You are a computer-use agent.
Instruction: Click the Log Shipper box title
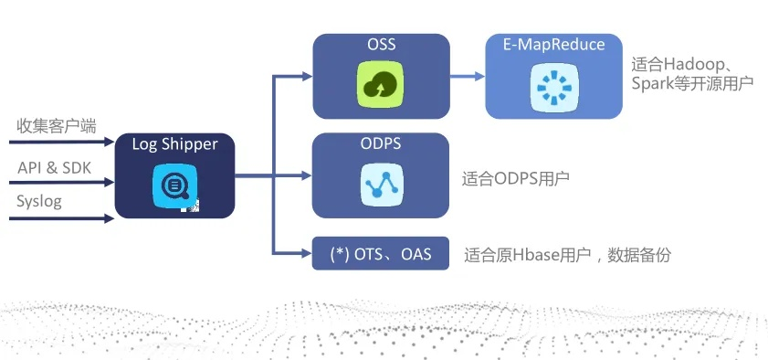pos(174,144)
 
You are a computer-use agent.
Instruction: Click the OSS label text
pos(381,45)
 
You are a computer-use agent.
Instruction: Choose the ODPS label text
pos(381,144)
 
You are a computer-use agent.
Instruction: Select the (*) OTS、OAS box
pos(381,254)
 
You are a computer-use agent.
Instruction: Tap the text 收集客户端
pos(56,126)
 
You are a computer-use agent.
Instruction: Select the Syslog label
pos(39,201)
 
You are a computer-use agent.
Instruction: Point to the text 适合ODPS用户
pos(516,178)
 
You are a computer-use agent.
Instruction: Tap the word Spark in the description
pos(652,83)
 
